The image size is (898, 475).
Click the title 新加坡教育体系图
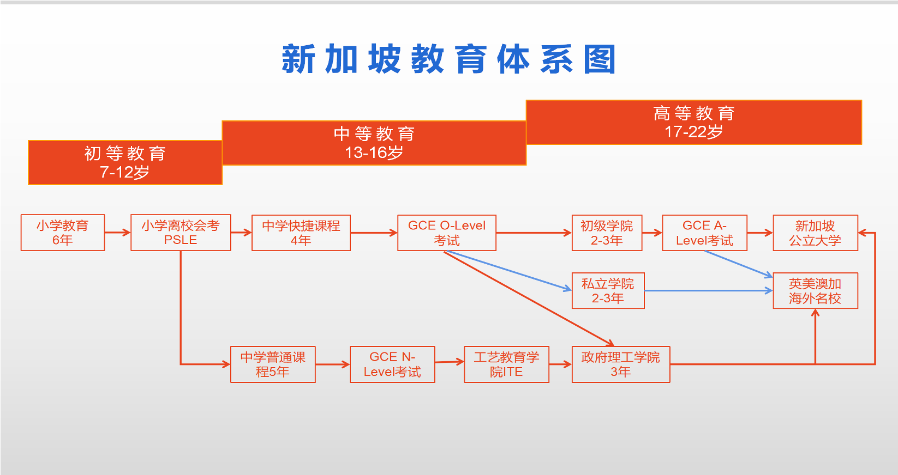448,59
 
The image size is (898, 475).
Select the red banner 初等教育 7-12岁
125,162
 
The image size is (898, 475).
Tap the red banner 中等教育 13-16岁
374,143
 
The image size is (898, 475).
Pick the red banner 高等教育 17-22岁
694,122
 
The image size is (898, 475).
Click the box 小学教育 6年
63,233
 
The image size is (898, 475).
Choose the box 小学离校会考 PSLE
181,233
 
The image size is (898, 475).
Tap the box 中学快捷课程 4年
301,233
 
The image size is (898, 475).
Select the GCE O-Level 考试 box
447,233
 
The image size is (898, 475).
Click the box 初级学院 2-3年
607,233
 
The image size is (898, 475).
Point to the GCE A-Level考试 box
705,233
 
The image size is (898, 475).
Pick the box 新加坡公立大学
816,233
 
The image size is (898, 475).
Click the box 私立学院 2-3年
608,290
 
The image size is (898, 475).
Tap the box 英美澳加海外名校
816,290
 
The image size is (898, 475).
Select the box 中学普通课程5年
273,364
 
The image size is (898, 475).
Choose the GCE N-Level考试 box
392,364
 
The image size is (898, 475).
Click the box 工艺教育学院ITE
507,364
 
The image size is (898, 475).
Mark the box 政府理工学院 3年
621,364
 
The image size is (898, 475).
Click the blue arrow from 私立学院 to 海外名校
709,290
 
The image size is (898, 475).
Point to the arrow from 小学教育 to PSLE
118,233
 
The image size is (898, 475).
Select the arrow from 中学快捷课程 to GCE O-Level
374,233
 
